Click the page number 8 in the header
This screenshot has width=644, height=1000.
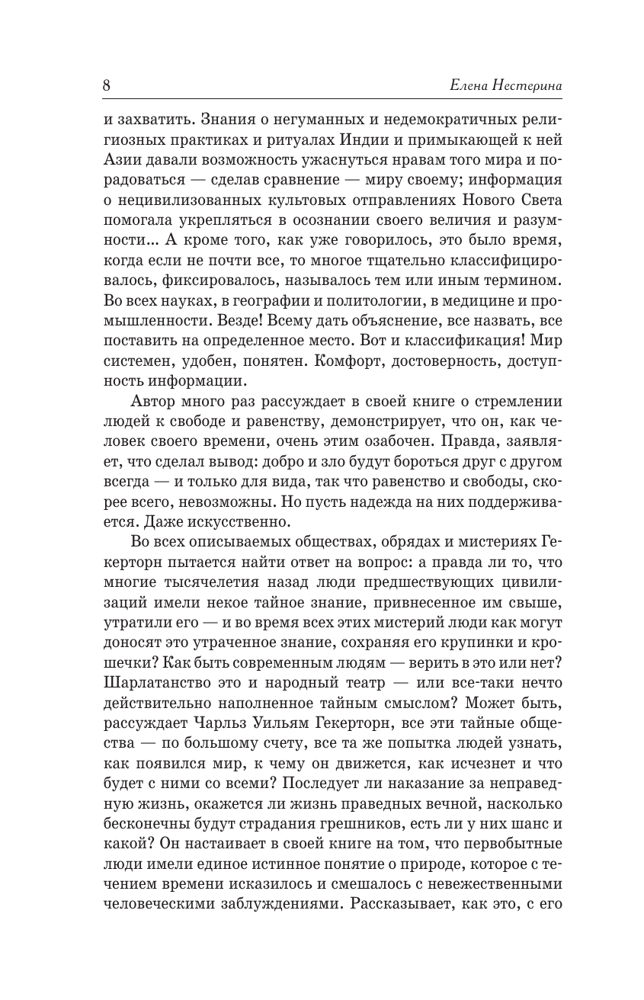point(106,85)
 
